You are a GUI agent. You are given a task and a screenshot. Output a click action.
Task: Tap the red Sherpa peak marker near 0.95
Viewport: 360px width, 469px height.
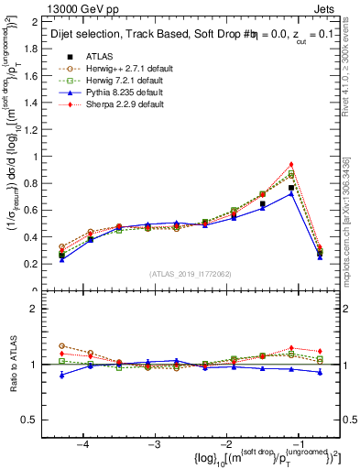(x=291, y=164)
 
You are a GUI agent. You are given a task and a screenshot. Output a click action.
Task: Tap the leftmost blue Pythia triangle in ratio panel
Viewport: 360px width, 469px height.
(x=61, y=375)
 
